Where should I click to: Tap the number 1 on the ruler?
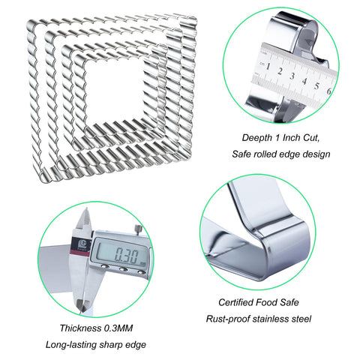tap(268, 67)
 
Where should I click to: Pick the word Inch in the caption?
tap(292, 137)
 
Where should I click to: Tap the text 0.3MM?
tap(118, 328)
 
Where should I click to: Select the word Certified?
tap(236, 302)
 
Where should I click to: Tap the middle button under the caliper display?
tap(123, 269)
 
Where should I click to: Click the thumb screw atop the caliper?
tap(138, 229)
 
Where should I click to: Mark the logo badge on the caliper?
tap(80, 244)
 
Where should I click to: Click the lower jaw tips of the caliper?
tap(83, 304)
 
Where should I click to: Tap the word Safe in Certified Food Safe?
tap(289, 302)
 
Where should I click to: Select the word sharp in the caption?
tap(111, 345)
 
